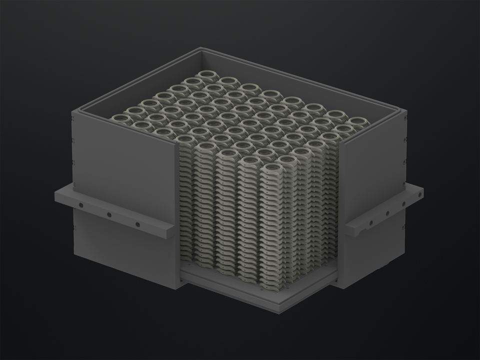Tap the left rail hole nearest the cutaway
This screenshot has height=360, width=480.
(x=137, y=224)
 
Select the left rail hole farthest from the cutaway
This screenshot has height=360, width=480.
(x=80, y=205)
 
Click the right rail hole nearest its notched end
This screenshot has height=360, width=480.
(x=371, y=222)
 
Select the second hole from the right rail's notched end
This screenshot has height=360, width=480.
(x=387, y=213)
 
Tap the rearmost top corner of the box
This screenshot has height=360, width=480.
(x=201, y=48)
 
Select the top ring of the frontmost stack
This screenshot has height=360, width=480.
(x=272, y=168)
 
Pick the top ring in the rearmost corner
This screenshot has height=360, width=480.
(x=207, y=75)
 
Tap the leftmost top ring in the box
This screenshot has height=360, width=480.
(x=120, y=118)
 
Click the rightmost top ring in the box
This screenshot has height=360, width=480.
(x=358, y=121)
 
